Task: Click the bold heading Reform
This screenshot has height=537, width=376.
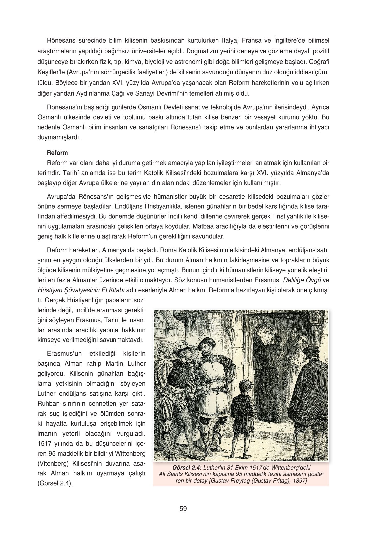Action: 57,153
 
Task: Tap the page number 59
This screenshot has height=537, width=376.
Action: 183,508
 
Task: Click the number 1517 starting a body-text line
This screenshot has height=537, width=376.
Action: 44,443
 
